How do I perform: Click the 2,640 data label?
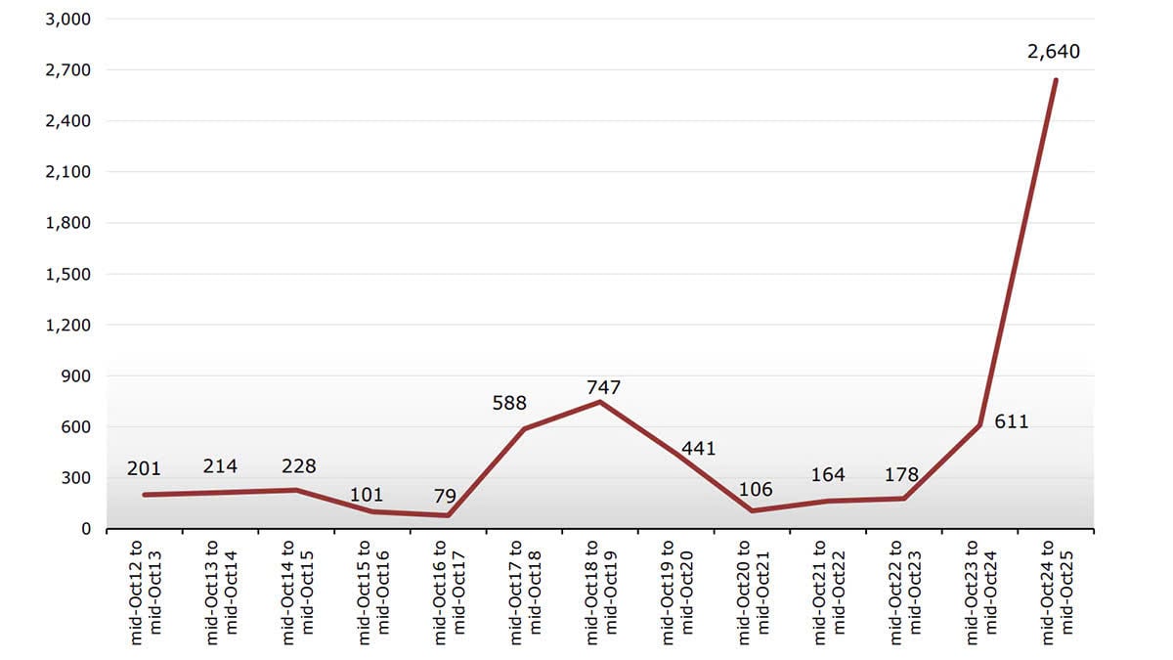pyautogui.click(x=1054, y=51)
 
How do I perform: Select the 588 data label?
pyautogui.click(x=508, y=403)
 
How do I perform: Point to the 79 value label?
pyautogui.click(x=445, y=497)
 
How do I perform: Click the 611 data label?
pyautogui.click(x=1012, y=422)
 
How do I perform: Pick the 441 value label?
pyautogui.click(x=698, y=449)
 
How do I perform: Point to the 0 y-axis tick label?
pyautogui.click(x=86, y=529)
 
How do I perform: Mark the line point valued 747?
pyautogui.click(x=600, y=402)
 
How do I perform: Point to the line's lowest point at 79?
pyautogui.click(x=448, y=515)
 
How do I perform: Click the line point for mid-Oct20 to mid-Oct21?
pyautogui.click(x=753, y=510)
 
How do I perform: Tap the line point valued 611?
pyautogui.click(x=980, y=425)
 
